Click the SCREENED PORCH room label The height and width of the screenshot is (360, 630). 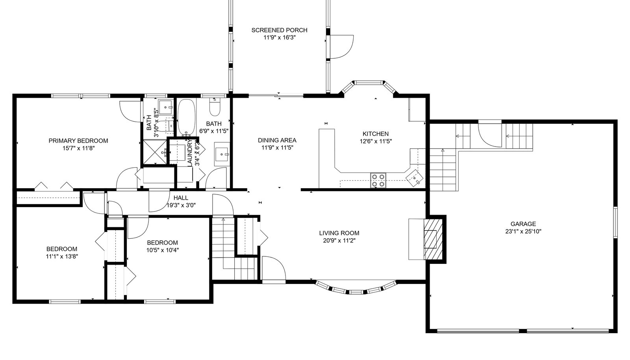(279, 30)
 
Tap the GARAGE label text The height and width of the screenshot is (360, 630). (523, 224)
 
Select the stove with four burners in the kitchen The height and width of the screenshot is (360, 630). (378, 180)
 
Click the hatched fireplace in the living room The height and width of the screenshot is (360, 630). (433, 239)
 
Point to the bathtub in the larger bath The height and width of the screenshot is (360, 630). (186, 117)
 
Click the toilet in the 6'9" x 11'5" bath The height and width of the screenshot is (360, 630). (215, 107)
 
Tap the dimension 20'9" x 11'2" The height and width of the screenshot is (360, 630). (339, 241)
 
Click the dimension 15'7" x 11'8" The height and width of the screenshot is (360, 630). (78, 148)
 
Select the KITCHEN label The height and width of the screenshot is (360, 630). (376, 134)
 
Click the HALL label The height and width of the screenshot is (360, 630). (181, 198)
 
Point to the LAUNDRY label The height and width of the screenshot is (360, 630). (189, 153)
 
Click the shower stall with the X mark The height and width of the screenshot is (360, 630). (155, 152)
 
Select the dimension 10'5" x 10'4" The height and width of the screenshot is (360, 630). (163, 250)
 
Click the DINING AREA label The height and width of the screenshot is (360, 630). (277, 140)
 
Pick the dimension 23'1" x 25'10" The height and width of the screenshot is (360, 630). (523, 232)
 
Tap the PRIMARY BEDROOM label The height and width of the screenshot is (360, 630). (78, 141)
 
